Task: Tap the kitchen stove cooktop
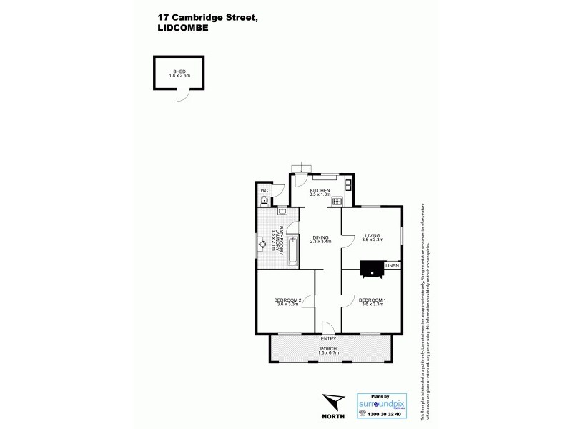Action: point(336,202)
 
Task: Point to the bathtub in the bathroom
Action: point(293,252)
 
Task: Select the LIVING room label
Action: point(372,236)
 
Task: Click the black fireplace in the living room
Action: point(370,268)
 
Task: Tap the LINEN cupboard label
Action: point(391,266)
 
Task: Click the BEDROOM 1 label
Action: point(372,300)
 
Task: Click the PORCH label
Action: point(329,349)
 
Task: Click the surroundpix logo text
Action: point(381,403)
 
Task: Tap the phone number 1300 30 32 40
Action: point(385,414)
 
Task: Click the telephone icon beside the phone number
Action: point(362,414)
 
